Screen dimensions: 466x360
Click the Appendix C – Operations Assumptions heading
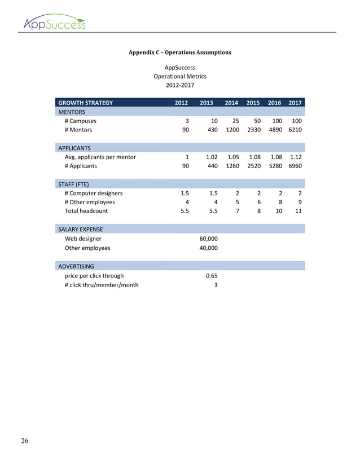click(x=179, y=52)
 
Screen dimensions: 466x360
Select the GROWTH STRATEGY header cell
click(x=85, y=103)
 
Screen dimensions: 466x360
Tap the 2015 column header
click(x=253, y=103)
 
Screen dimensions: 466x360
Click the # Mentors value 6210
click(x=295, y=130)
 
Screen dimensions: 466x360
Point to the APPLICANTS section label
click(x=75, y=148)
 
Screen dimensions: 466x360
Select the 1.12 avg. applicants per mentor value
click(x=295, y=157)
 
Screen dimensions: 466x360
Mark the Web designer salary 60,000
click(x=209, y=239)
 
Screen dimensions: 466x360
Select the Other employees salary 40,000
click(x=209, y=248)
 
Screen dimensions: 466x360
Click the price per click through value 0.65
click(x=211, y=275)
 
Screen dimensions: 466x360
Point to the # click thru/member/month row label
click(x=102, y=284)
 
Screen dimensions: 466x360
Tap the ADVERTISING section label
click(x=76, y=266)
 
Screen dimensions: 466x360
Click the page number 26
click(x=24, y=441)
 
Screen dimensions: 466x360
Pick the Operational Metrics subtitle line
click(x=180, y=76)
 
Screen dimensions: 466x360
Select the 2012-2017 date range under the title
click(x=180, y=85)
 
